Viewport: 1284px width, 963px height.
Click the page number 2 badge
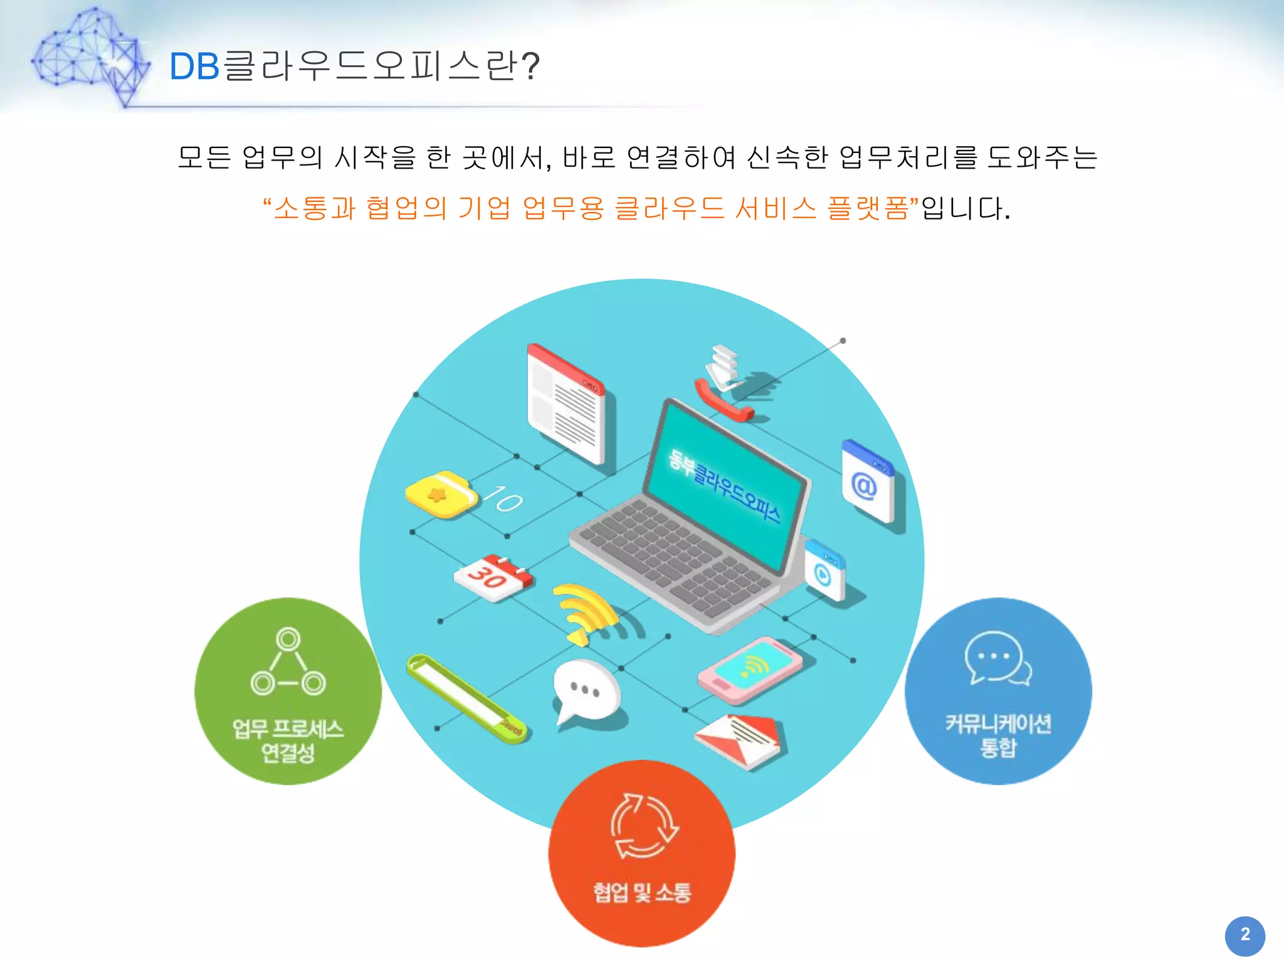(x=1245, y=935)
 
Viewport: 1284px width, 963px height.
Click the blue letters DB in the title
(x=194, y=66)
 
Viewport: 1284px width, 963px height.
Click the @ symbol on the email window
(x=864, y=486)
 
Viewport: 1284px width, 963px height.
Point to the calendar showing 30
(x=493, y=577)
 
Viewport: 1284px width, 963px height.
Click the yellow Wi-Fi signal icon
(x=586, y=611)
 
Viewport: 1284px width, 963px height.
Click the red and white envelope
(x=740, y=740)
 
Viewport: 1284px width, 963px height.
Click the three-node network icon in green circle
(x=288, y=662)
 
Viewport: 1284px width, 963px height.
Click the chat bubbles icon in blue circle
(x=997, y=658)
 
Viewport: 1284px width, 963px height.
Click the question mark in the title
(x=530, y=66)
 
